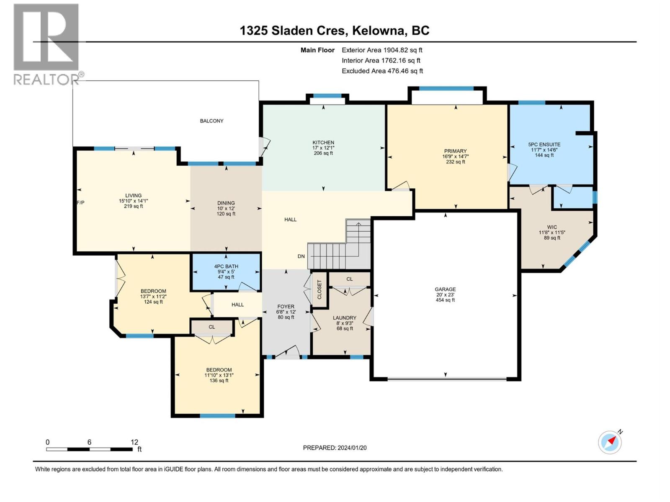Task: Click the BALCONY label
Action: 211,121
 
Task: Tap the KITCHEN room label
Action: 323,142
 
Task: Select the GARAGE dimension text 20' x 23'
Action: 446,295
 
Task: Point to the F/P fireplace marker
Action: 80,202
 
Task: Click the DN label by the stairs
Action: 301,256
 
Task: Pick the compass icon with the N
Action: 610,442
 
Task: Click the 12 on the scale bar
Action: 134,442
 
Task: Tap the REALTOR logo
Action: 47,44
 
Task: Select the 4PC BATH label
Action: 226,266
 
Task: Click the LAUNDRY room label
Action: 345,318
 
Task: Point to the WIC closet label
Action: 552,227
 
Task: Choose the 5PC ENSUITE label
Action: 544,144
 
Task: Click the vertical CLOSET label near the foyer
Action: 319,289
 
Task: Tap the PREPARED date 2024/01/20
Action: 352,448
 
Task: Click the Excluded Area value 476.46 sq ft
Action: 405,71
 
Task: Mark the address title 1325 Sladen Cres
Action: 294,31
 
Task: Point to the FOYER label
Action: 286,307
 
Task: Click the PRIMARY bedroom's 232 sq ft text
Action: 456,162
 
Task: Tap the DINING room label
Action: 226,203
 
